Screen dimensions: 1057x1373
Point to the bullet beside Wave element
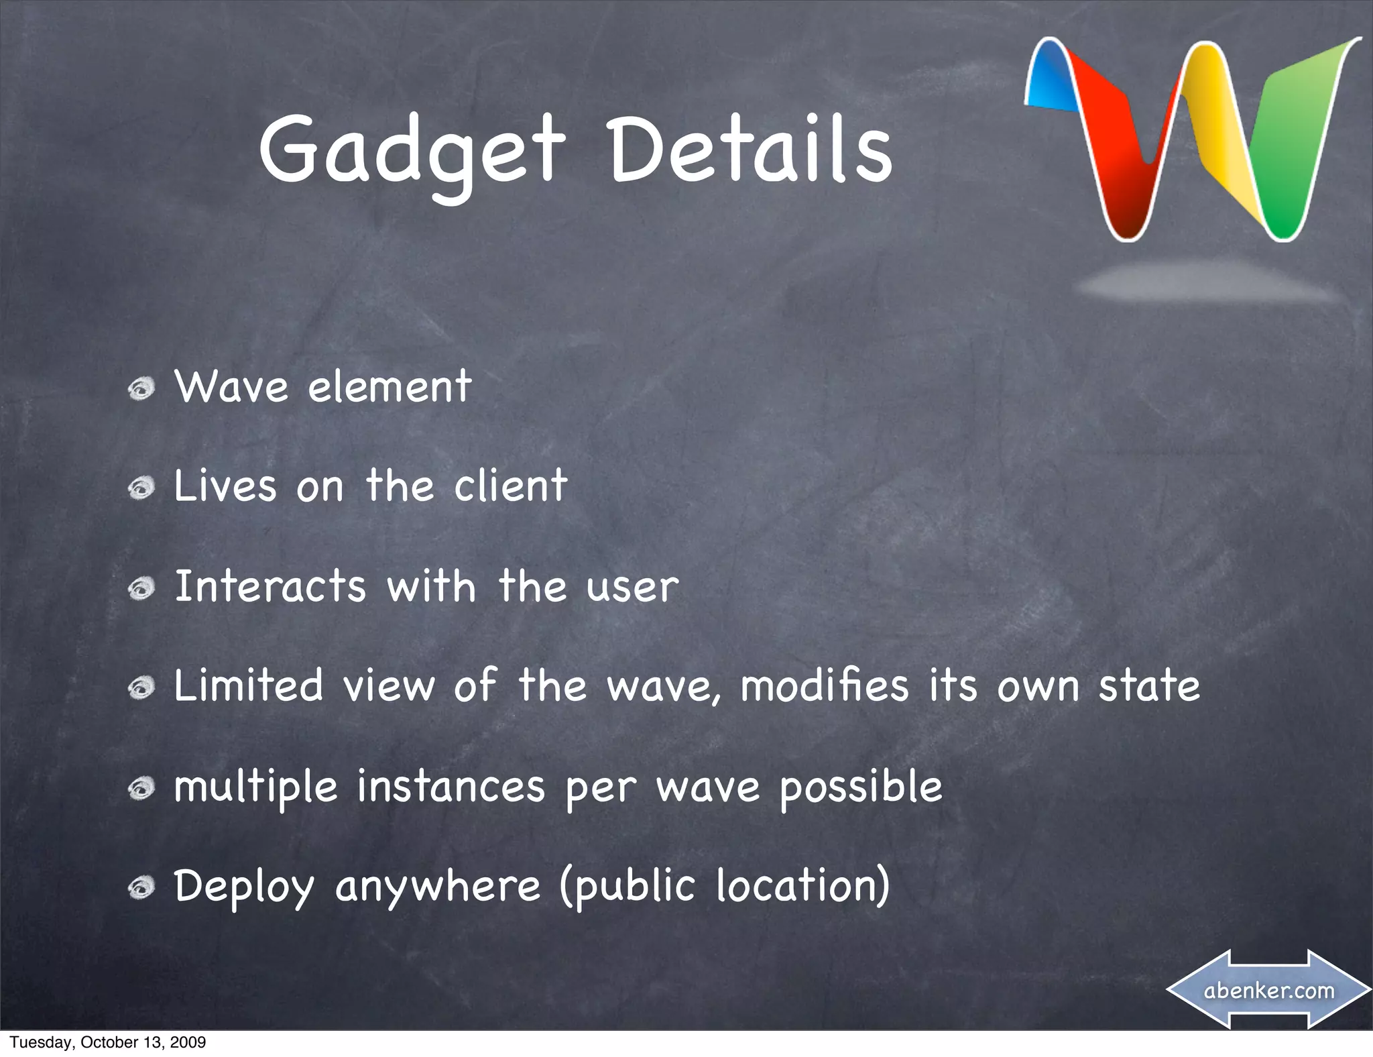pyautogui.click(x=142, y=389)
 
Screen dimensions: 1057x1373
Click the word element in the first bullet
pyautogui.click(x=390, y=387)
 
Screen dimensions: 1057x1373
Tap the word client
pyautogui.click(x=510, y=486)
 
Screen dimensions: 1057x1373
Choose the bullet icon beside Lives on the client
pyautogui.click(x=142, y=489)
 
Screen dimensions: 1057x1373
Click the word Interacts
pyautogui.click(x=270, y=586)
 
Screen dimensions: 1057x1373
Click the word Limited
pyautogui.click(x=248, y=685)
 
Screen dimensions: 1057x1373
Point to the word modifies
pyautogui.click(x=825, y=685)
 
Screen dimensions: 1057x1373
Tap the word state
pyautogui.click(x=1148, y=685)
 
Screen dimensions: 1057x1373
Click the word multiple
pyautogui.click(x=255, y=787)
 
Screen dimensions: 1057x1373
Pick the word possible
pyautogui.click(x=861, y=787)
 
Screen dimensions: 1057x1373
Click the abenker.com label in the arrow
pyautogui.click(x=1269, y=990)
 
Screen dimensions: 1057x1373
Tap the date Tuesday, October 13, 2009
pyautogui.click(x=107, y=1042)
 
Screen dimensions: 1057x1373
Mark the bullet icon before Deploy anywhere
pyautogui.click(x=142, y=889)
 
